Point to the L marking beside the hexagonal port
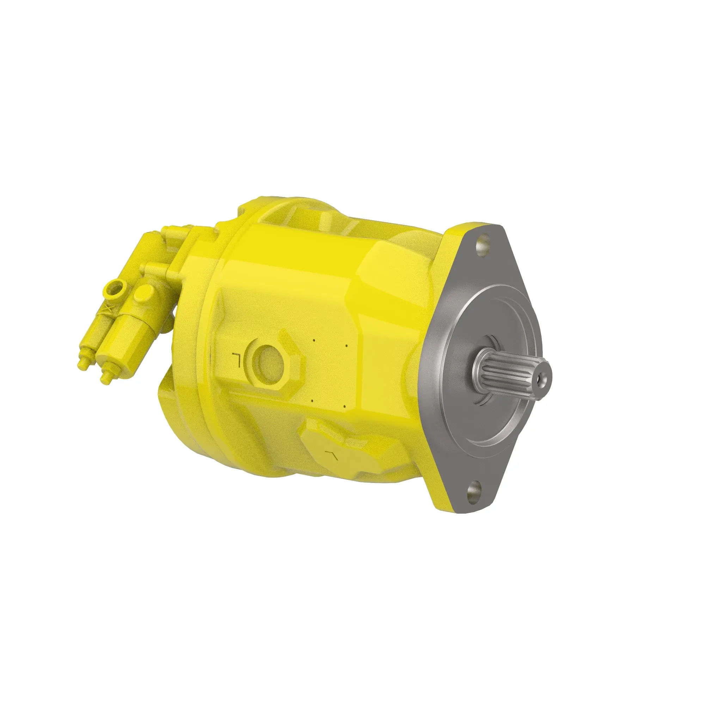236,360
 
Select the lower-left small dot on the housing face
313,401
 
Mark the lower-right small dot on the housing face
344,406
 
